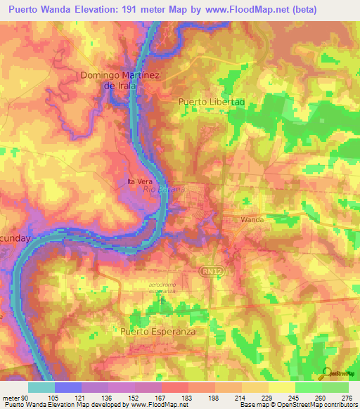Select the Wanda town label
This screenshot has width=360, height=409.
(252, 220)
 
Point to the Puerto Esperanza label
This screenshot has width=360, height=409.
(157, 331)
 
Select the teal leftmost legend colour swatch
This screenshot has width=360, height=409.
(41, 387)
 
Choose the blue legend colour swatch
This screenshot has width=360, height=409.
(68, 387)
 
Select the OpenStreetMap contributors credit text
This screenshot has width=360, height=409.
(320, 405)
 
